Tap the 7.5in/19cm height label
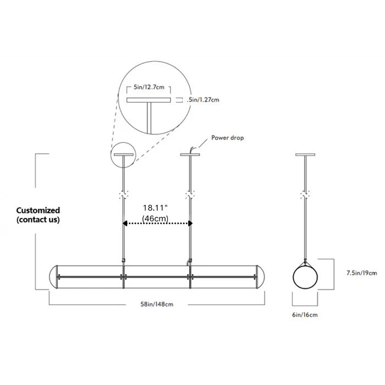coord(362,272)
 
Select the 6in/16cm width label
coord(305,315)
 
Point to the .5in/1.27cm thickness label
coord(204,100)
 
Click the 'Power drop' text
coord(228,137)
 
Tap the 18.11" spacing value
coord(156,208)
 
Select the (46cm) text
coord(156,218)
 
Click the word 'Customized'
coord(38,210)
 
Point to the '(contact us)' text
coord(38,219)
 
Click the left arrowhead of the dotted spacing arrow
coord(125,223)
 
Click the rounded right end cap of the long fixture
coord(261,277)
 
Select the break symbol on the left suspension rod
coord(124,195)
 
